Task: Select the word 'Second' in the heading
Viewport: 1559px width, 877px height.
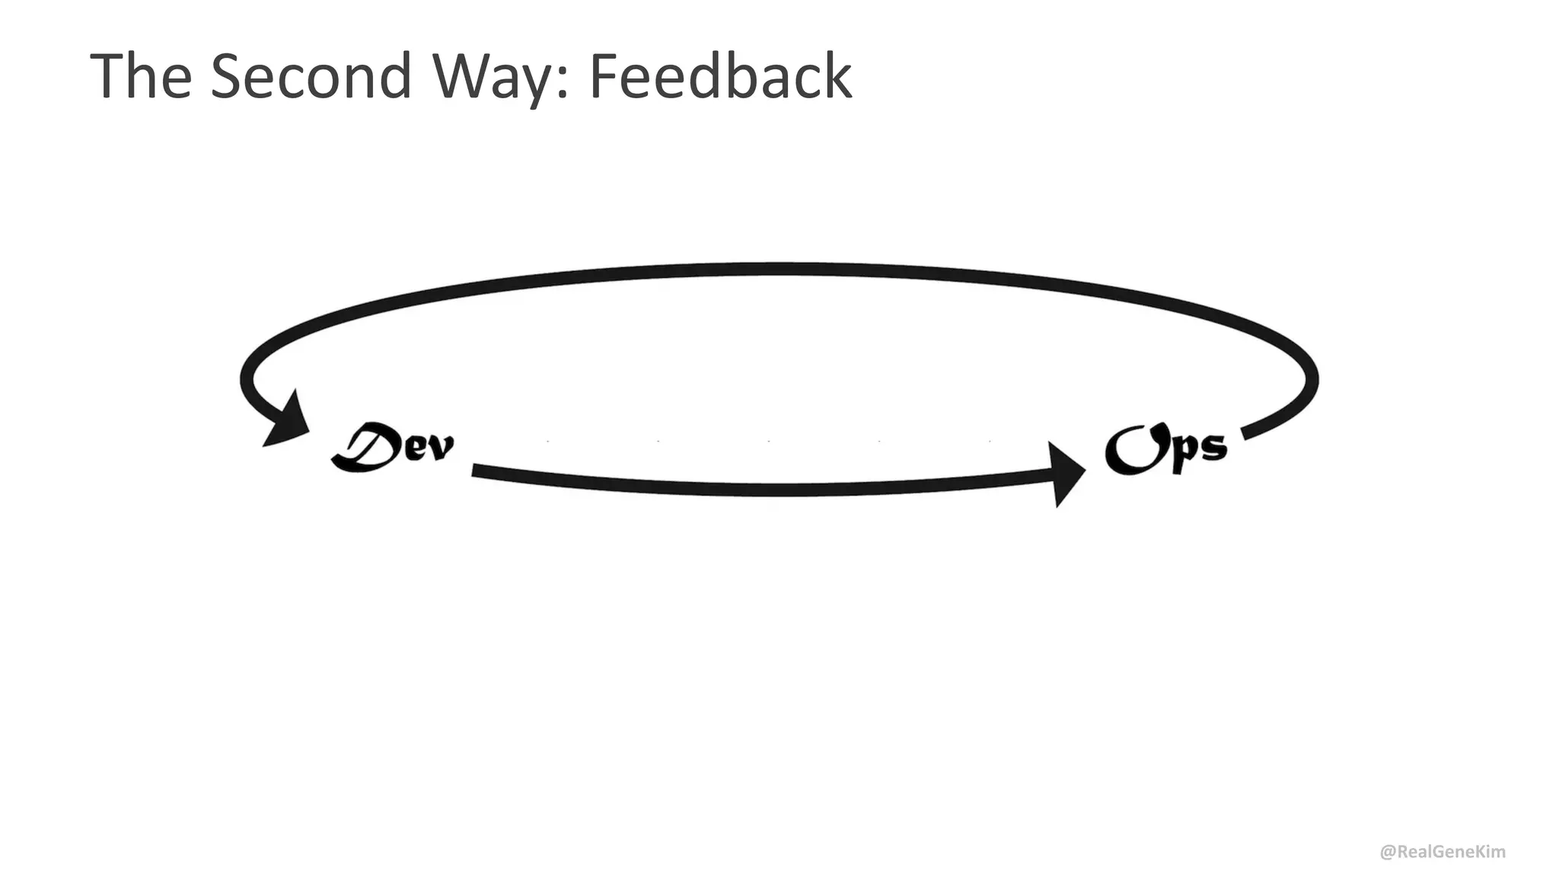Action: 311,76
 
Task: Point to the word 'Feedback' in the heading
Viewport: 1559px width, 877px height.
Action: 720,76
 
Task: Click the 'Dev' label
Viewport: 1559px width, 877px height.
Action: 393,447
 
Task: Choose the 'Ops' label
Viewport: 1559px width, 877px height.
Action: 1166,449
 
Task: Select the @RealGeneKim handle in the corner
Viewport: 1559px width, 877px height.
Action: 1443,852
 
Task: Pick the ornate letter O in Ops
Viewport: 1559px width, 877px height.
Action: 1131,449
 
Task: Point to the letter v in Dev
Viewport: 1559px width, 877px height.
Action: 440,448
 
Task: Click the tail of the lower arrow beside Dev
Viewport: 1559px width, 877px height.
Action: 477,470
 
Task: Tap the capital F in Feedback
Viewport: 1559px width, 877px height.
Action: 603,76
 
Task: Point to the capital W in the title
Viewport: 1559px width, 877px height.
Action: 466,76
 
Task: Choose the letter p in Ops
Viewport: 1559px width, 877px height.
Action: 1180,453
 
